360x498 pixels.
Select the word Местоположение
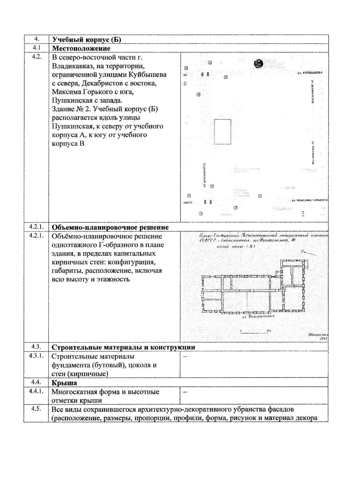[x=81, y=48]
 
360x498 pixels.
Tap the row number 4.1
[x=36, y=48]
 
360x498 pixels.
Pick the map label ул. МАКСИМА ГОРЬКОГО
[x=309, y=200]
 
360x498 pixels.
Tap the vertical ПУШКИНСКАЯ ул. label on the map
[x=204, y=175]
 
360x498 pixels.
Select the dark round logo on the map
[x=258, y=63]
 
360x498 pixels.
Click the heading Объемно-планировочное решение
[x=110, y=227]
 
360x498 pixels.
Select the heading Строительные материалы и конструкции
[x=124, y=347]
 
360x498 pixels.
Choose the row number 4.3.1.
[x=36, y=356]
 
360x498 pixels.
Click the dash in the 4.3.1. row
[x=185, y=357]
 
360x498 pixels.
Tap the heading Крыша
[x=64, y=383]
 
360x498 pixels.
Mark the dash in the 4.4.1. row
[x=185, y=392]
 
